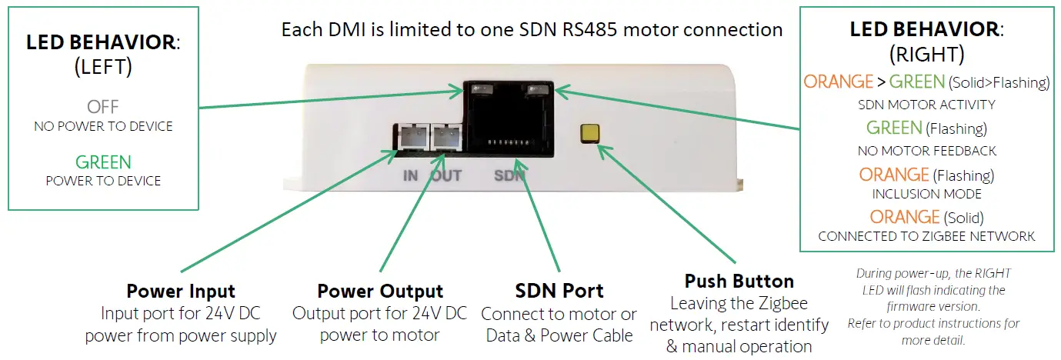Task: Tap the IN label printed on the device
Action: point(410,175)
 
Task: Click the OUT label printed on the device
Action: point(446,175)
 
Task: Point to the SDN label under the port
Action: point(509,175)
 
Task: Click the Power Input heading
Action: point(181,292)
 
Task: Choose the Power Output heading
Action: point(380,292)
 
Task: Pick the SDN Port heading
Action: point(559,292)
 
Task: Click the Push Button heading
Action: point(739,281)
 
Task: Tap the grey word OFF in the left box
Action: point(103,106)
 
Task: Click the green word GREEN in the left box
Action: point(103,162)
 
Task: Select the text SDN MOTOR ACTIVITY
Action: point(926,105)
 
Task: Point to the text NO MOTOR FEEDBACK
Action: point(926,151)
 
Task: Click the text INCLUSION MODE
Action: point(926,194)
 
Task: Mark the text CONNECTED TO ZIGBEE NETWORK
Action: point(926,236)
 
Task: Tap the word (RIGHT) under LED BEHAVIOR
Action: point(926,55)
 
